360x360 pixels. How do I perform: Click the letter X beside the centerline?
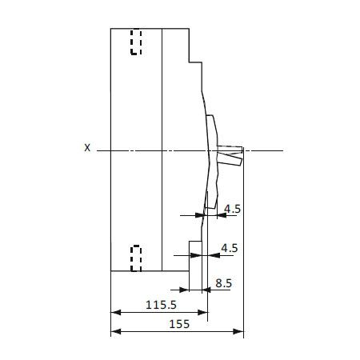tap(87, 148)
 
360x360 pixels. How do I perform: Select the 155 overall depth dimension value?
tap(179, 324)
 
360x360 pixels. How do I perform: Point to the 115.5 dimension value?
tap(161, 305)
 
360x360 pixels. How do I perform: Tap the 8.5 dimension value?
tap(223, 283)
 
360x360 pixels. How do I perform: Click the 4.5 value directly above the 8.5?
tap(230, 248)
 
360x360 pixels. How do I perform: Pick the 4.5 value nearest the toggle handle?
tap(232, 209)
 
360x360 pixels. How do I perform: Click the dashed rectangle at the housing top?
tap(136, 42)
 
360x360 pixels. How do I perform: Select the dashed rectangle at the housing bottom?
tap(136, 258)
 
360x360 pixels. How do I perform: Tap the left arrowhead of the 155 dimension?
tap(116, 331)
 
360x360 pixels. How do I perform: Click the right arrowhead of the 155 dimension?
tap(238, 331)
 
